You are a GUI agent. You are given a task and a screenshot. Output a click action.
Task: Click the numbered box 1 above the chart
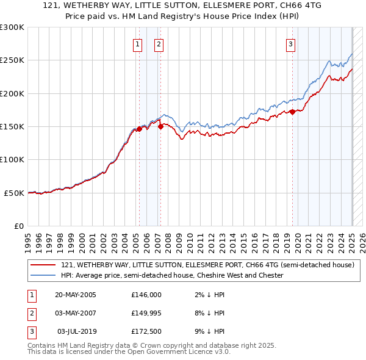coord(137,44)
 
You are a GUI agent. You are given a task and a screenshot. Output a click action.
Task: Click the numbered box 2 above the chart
coord(159,44)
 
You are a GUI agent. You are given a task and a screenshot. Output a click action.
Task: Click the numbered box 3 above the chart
coord(290,44)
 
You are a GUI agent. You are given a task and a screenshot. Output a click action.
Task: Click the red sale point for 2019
coord(292,112)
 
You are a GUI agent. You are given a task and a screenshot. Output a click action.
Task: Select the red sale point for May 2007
coord(160,127)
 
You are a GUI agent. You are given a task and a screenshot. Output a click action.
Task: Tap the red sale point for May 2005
coord(139,129)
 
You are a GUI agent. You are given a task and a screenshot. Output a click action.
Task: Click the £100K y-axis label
coord(12,159)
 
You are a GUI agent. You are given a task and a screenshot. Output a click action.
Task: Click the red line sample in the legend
coord(43,265)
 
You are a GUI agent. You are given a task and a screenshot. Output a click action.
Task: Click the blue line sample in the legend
coord(43,276)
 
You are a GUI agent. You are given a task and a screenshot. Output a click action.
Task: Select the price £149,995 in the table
coord(146,313)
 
